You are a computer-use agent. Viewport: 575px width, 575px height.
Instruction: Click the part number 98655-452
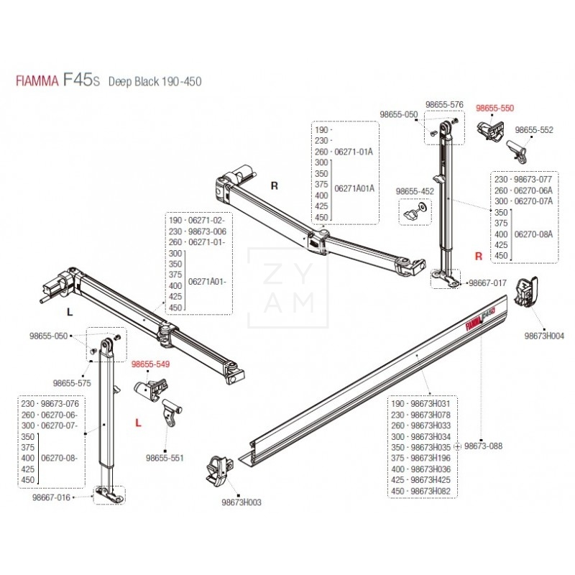tap(415, 191)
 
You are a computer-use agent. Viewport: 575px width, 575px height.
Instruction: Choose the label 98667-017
tap(487, 283)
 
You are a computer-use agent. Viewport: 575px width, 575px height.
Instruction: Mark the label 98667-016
tap(51, 497)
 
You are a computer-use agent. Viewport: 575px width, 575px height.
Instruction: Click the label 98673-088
tap(483, 446)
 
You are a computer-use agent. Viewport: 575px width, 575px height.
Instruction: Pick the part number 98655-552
tap(535, 130)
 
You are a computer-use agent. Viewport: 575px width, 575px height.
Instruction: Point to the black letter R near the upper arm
tap(274, 185)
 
